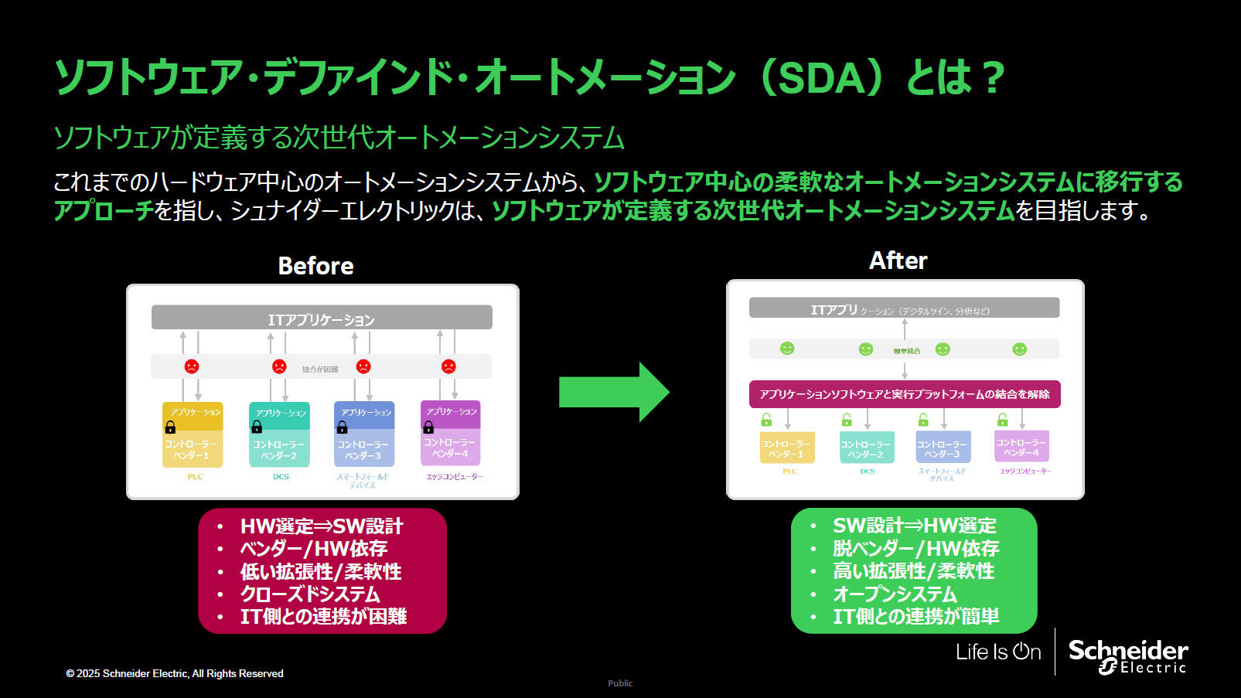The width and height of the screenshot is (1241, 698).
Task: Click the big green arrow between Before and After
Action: click(x=612, y=392)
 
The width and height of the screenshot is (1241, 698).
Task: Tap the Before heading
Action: click(x=315, y=266)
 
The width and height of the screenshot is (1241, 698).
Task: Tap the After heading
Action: click(x=898, y=260)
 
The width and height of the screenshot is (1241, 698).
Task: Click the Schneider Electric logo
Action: click(x=1127, y=655)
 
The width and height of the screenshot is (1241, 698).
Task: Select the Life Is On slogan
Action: click(x=997, y=652)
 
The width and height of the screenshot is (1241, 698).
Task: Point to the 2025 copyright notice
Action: click(x=175, y=673)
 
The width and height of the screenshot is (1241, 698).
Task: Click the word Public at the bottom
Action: click(x=620, y=683)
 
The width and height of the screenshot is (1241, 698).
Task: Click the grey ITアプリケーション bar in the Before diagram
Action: click(x=322, y=318)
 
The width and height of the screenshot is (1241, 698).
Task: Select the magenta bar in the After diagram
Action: click(x=904, y=394)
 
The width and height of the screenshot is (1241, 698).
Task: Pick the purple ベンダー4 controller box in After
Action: click(x=1021, y=447)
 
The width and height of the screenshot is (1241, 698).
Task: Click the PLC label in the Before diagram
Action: click(x=195, y=477)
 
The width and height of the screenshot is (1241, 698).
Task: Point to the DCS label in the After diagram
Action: click(x=868, y=471)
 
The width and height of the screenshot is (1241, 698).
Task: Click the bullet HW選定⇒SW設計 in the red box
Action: click(x=322, y=526)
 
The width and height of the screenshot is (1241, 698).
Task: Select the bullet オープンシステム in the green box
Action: click(x=895, y=594)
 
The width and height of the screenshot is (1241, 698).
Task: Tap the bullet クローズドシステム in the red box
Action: click(x=310, y=594)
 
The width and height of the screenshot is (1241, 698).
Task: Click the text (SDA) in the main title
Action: click(x=821, y=78)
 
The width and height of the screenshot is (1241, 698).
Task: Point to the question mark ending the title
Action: click(x=993, y=78)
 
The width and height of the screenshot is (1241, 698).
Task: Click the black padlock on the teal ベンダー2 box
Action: click(x=257, y=427)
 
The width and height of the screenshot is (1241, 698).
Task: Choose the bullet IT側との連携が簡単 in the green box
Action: click(x=915, y=616)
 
